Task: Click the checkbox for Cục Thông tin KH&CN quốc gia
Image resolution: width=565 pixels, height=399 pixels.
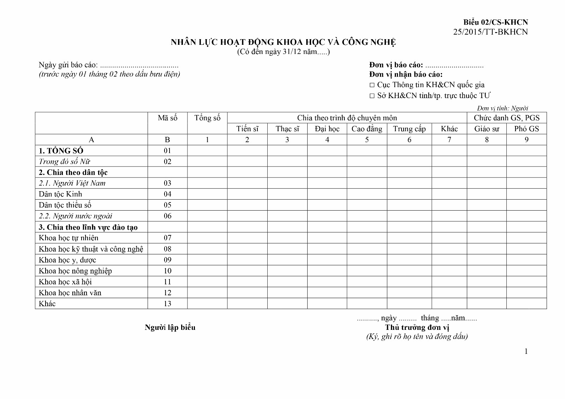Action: [372, 85]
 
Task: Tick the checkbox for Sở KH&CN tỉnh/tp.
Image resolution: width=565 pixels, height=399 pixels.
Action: [372, 96]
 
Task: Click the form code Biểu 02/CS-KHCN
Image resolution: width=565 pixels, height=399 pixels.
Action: [495, 22]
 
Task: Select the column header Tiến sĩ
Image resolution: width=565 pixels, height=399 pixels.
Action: [247, 129]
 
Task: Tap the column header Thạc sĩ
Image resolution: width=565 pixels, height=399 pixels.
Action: [287, 129]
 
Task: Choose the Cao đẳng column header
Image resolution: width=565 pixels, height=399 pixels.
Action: [367, 129]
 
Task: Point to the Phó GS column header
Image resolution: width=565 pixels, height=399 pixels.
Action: [527, 129]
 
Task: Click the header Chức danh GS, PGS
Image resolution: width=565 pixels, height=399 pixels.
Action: [506, 118]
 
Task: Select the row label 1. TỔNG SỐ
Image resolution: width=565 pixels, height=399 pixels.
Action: [61, 151]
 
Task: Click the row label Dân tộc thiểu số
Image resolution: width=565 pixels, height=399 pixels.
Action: [65, 205]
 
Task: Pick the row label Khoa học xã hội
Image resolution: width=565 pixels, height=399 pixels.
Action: [65, 282]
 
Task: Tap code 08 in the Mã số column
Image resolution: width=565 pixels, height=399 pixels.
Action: [167, 249]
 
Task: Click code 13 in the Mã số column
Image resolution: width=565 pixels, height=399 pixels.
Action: [167, 303]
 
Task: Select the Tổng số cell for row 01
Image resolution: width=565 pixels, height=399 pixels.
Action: [207, 151]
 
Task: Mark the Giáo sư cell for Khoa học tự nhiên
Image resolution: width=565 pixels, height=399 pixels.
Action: [487, 238]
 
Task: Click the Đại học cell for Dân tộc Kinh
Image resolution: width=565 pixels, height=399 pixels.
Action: [327, 194]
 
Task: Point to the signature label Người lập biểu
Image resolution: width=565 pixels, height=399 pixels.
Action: [170, 327]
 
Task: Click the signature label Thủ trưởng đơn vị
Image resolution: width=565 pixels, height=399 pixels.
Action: [417, 327]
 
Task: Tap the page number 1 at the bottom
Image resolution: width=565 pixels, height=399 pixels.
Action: [526, 351]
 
